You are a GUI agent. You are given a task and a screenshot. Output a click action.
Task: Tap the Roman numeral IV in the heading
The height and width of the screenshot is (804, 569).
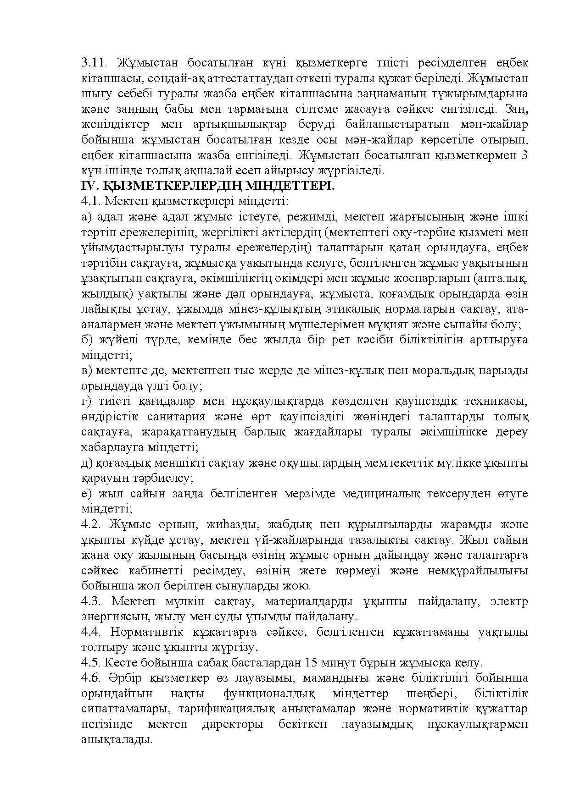tap(87, 186)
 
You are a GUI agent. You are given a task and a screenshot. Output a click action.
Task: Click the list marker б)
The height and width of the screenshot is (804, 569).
tap(86, 340)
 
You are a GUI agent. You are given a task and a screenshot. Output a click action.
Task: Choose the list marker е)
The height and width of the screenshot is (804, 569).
tap(86, 494)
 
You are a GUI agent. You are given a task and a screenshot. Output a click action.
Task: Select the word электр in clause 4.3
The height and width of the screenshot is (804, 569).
tap(508, 601)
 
